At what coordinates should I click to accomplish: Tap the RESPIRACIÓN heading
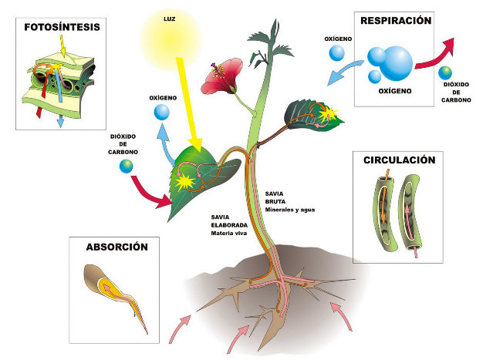tap(395, 22)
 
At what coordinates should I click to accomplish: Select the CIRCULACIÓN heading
tap(399, 160)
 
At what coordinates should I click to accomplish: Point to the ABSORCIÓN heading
tap(116, 247)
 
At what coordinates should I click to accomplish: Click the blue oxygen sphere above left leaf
tap(161, 113)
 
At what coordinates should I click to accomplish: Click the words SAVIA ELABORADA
tap(228, 223)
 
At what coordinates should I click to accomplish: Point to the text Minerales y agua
tap(289, 210)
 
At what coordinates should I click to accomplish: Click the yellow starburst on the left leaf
tap(185, 183)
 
